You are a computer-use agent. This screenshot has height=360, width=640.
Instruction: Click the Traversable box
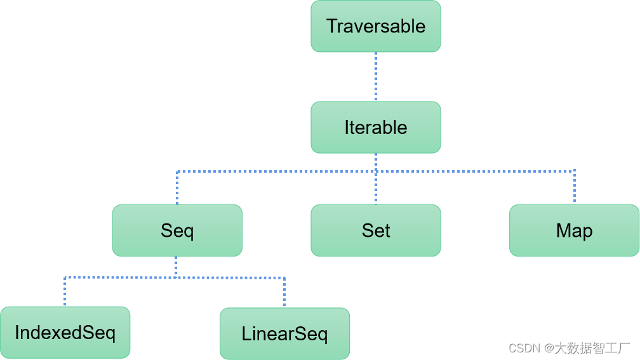tap(375, 26)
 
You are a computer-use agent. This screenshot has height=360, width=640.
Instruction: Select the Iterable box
tap(375, 128)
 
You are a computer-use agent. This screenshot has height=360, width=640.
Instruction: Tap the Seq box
tap(177, 230)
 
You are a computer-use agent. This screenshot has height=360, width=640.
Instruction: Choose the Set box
tap(375, 230)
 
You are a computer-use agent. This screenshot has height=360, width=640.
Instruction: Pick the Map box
tap(574, 230)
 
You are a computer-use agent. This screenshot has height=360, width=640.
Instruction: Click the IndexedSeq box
tap(65, 333)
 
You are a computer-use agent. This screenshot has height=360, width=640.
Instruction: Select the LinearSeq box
tap(284, 334)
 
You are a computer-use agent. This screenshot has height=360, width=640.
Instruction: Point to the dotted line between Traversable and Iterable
tap(375, 77)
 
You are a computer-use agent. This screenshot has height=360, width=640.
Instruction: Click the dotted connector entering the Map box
tap(574, 187)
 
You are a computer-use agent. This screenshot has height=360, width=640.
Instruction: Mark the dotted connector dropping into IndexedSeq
tap(65, 292)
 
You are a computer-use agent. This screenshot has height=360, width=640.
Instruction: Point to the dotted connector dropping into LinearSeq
tap(284, 293)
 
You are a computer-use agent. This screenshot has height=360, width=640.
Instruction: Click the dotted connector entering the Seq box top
tap(177, 188)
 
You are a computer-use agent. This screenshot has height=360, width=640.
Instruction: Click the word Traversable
tap(375, 26)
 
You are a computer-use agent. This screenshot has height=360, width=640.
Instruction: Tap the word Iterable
tap(375, 128)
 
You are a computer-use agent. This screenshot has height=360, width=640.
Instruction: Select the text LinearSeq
tap(284, 334)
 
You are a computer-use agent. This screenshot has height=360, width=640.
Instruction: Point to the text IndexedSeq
tap(65, 333)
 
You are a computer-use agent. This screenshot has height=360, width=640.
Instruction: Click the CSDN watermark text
tap(569, 348)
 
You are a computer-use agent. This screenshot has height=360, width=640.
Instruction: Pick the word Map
tap(574, 231)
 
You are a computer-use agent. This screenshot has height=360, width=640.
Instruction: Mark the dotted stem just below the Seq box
tap(176, 267)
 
